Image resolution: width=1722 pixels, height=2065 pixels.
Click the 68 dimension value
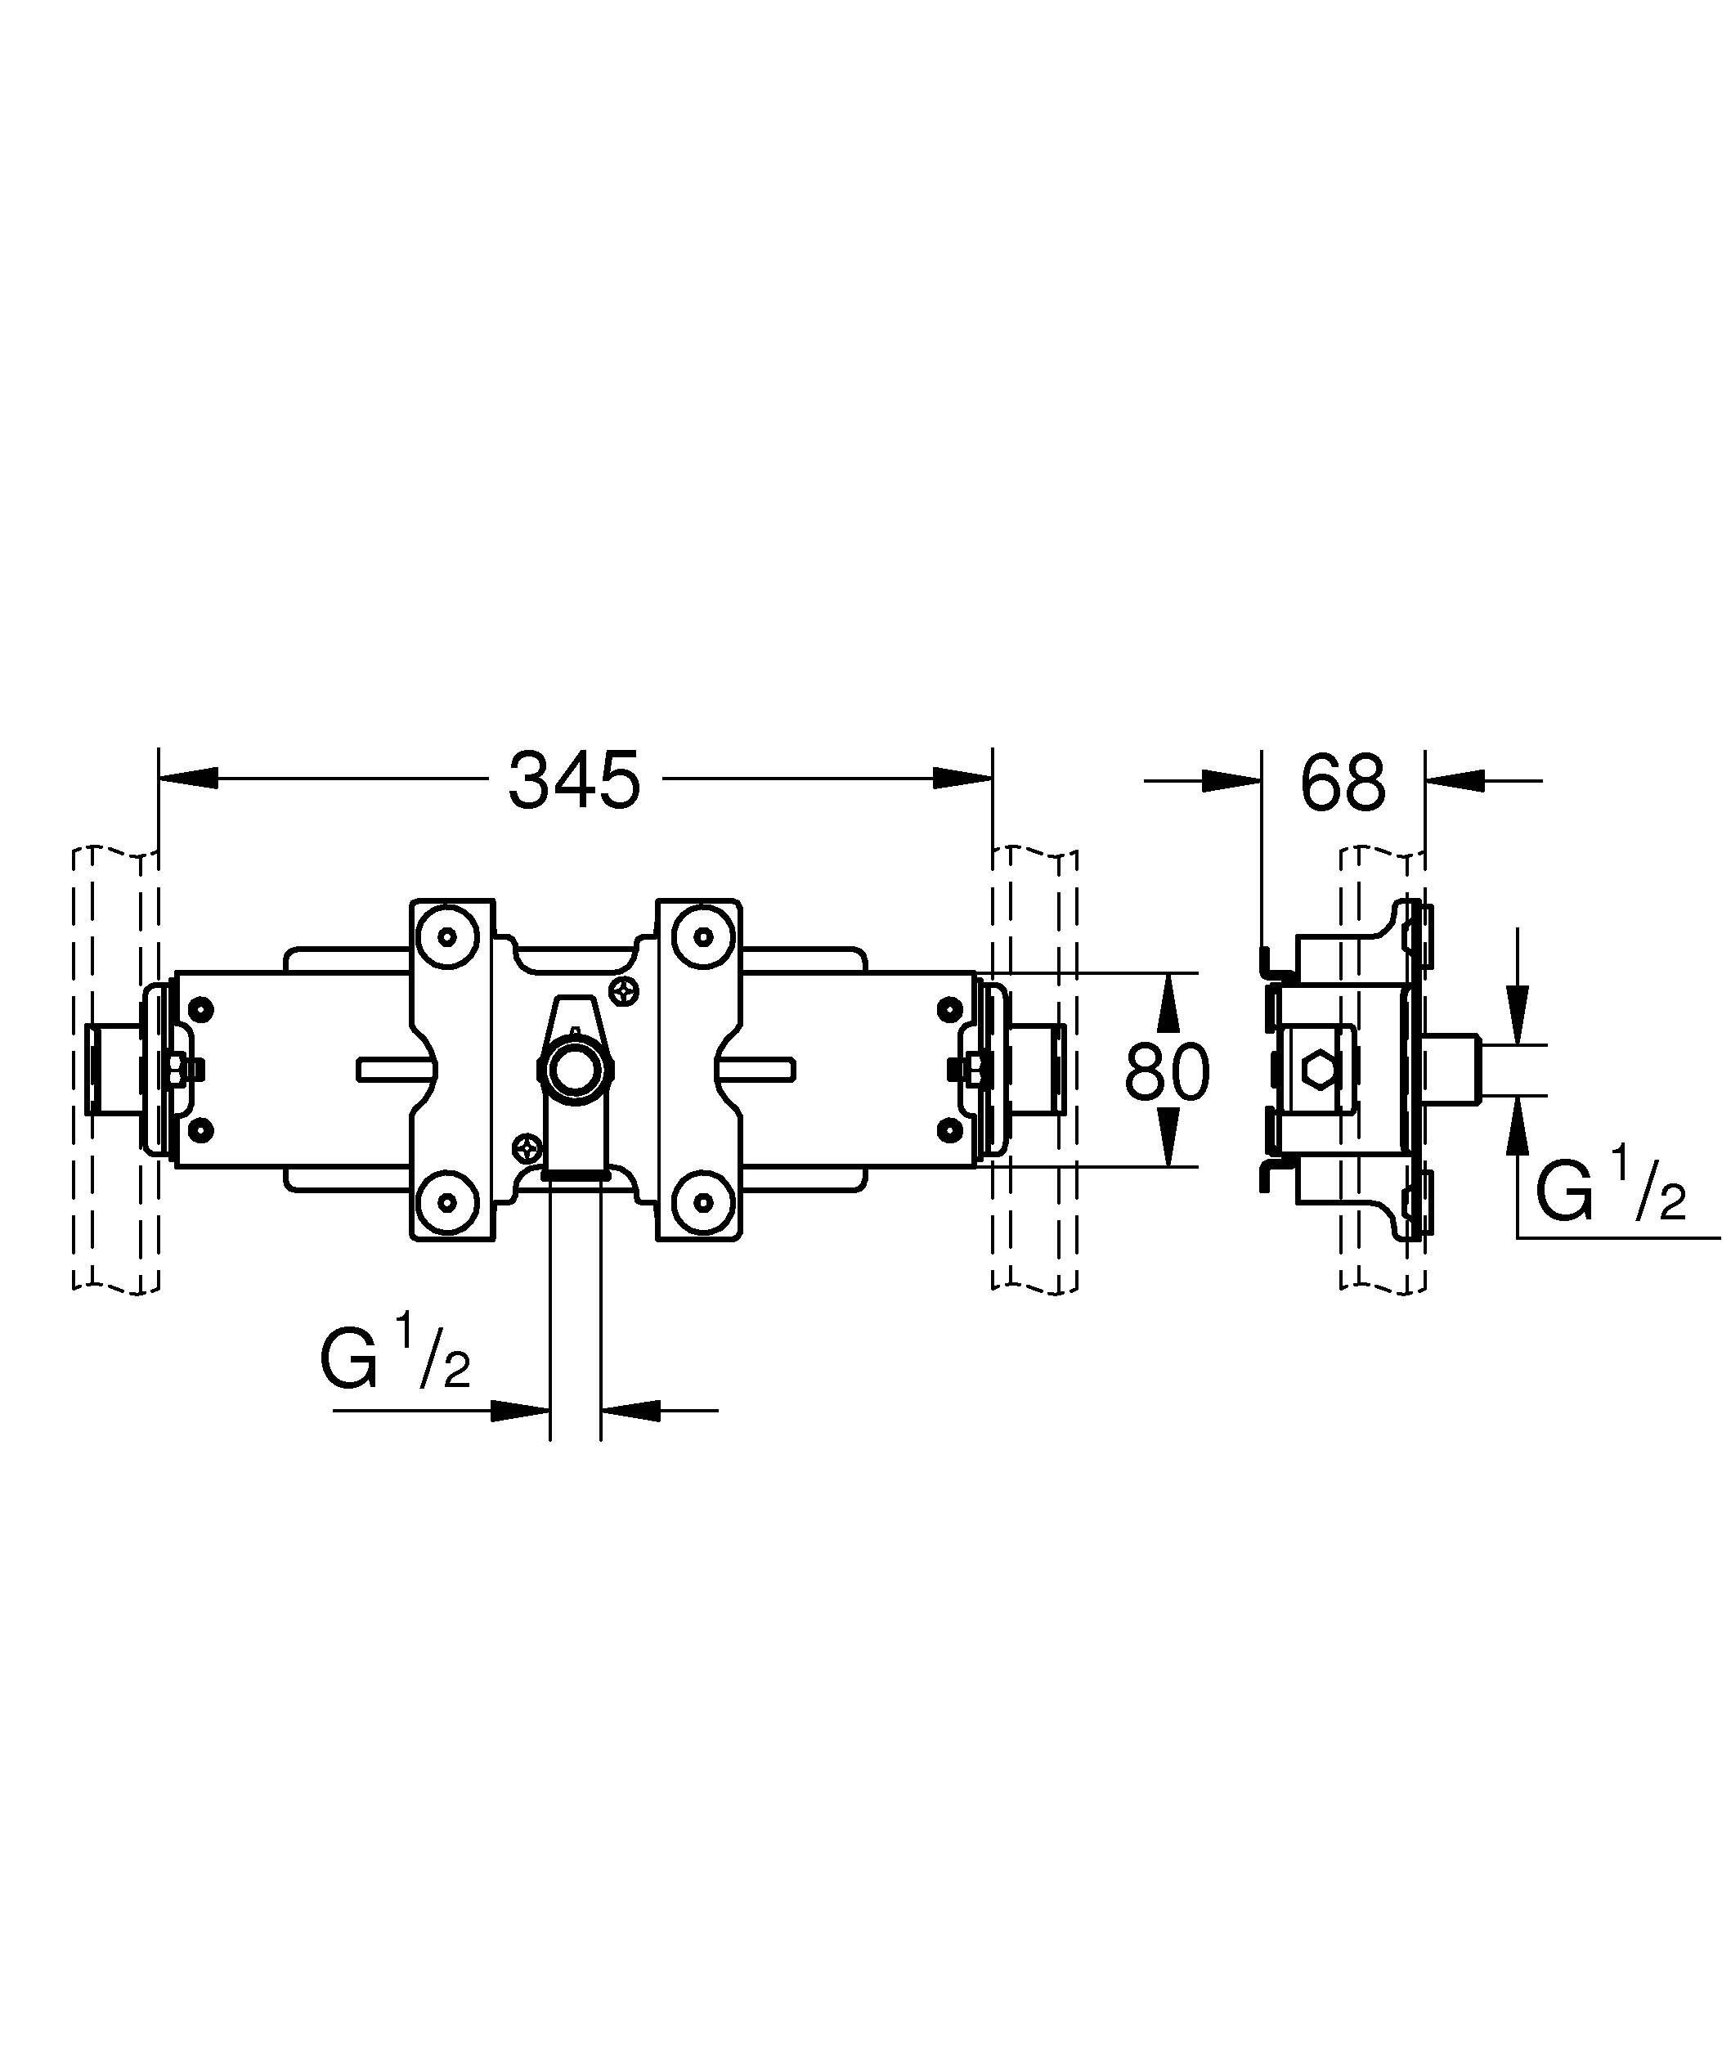click(1343, 783)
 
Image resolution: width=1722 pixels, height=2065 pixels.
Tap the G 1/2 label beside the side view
click(1610, 1190)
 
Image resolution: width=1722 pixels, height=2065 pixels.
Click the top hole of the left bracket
click(448, 936)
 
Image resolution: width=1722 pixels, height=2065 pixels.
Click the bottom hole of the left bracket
click(448, 1201)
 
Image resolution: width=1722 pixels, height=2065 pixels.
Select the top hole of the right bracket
click(702, 936)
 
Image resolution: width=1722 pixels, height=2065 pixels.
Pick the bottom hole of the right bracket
click(702, 1201)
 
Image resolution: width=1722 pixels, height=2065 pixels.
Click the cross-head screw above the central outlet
click(624, 992)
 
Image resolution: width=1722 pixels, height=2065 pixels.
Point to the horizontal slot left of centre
click(393, 1070)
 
